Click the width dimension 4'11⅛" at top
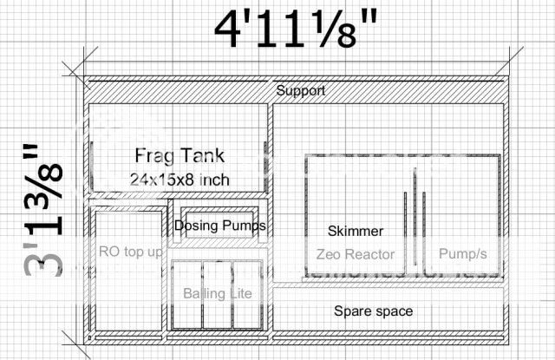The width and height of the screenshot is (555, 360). (296, 29)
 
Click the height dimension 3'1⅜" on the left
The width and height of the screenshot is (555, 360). (43, 210)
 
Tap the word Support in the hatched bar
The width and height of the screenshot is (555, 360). (301, 90)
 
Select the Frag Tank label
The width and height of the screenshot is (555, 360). (180, 155)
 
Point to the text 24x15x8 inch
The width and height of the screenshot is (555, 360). (180, 180)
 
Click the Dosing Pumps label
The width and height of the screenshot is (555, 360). (219, 226)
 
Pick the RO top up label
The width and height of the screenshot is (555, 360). (131, 252)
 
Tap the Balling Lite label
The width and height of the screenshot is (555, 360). (218, 293)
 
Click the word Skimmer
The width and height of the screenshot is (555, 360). (356, 231)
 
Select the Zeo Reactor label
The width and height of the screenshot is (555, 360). (356, 254)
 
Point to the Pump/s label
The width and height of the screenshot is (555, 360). (462, 253)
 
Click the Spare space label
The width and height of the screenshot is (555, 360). (374, 311)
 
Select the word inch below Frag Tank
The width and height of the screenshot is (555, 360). (214, 180)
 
